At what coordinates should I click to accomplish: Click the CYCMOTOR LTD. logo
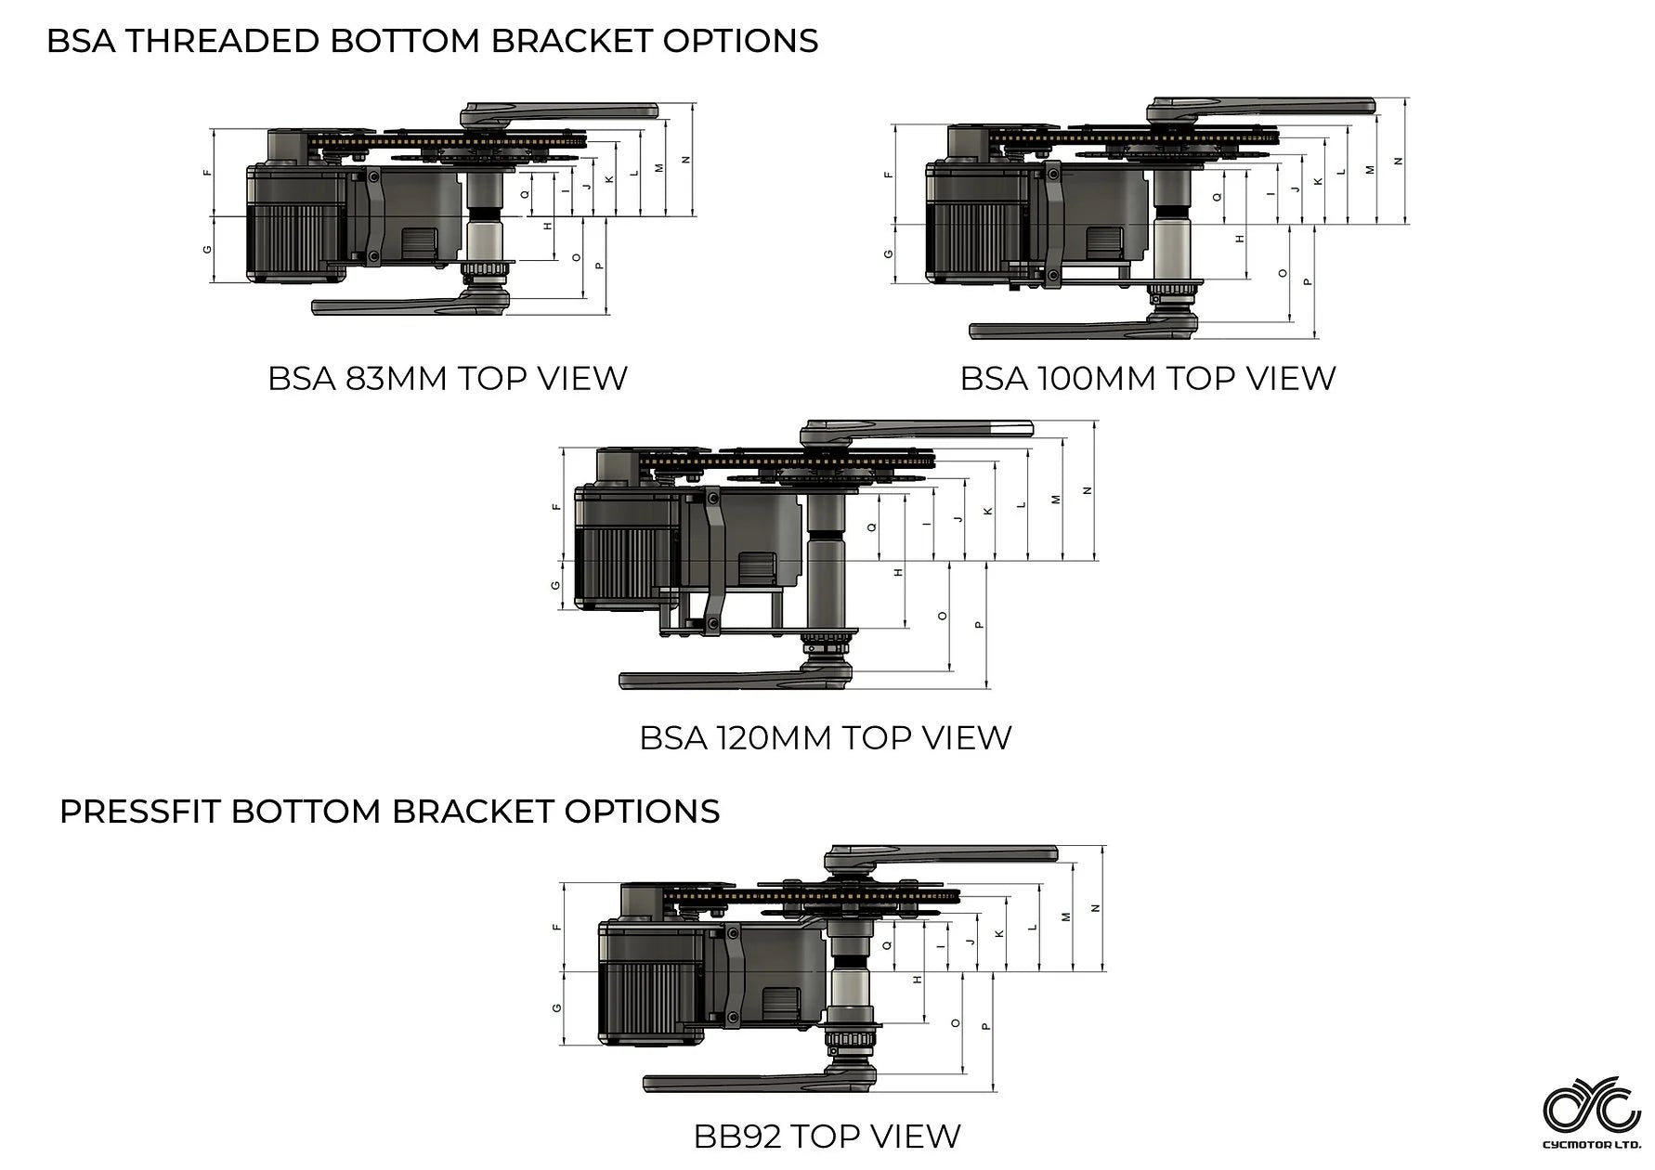[x=1591, y=1111]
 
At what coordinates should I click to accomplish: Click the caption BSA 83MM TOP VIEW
[x=448, y=379]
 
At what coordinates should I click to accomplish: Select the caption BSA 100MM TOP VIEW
[x=1147, y=379]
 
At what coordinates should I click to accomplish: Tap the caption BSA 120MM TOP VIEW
[x=825, y=738]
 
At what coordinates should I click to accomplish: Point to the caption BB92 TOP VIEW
[x=827, y=1136]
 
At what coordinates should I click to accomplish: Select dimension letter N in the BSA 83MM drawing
[x=686, y=160]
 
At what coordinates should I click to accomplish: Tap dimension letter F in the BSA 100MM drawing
[x=889, y=174]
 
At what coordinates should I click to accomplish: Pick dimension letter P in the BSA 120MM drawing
[x=979, y=624]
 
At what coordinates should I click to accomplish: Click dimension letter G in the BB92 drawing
[x=556, y=1007]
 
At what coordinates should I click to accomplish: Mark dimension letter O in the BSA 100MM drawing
[x=1284, y=273]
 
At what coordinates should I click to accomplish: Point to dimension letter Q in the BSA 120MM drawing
[x=871, y=526]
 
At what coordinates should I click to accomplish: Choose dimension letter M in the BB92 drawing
[x=1065, y=916]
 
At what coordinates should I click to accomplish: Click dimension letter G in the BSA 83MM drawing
[x=207, y=249]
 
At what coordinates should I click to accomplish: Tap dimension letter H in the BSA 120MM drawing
[x=898, y=572]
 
